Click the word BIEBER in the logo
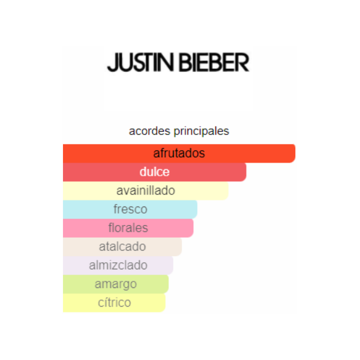click(x=214, y=62)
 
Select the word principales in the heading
click(x=201, y=131)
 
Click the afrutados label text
click(x=179, y=153)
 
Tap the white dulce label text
click(x=155, y=172)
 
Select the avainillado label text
click(x=146, y=191)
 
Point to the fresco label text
click(x=130, y=209)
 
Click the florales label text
click(x=128, y=228)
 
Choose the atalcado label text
click(x=122, y=247)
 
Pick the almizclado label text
click(x=118, y=265)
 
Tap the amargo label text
click(x=116, y=284)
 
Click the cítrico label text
click(x=115, y=302)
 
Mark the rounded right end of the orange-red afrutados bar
click(x=295, y=154)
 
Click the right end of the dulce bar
click(x=246, y=172)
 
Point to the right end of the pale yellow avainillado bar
click(x=228, y=191)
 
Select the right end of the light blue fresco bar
click(x=197, y=209)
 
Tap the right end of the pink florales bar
click(x=193, y=228)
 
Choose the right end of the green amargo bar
click(x=168, y=284)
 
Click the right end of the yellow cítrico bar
click(x=165, y=303)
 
